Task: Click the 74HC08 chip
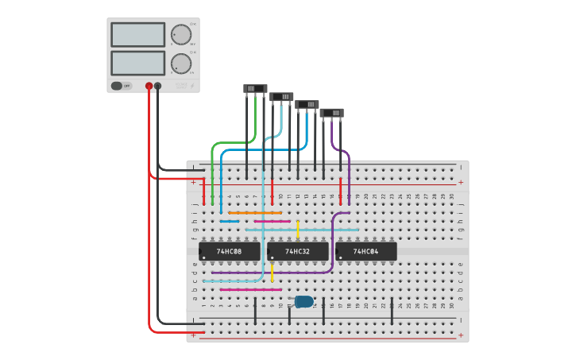(230, 252)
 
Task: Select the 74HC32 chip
(298, 252)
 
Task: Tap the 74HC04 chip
(366, 252)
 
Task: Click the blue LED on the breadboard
(304, 301)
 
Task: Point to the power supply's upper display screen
(137, 34)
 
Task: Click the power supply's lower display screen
(137, 63)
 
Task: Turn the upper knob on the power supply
(181, 34)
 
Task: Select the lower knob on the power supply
(181, 63)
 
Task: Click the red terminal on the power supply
(149, 86)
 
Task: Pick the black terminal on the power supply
(157, 86)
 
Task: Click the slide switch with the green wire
(255, 89)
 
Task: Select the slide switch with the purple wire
(331, 113)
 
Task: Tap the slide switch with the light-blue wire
(281, 97)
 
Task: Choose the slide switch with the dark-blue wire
(307, 105)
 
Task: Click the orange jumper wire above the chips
(255, 213)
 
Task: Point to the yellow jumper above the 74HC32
(298, 229)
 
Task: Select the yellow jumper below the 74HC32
(273, 273)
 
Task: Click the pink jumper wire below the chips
(250, 290)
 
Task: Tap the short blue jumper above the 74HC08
(230, 221)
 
